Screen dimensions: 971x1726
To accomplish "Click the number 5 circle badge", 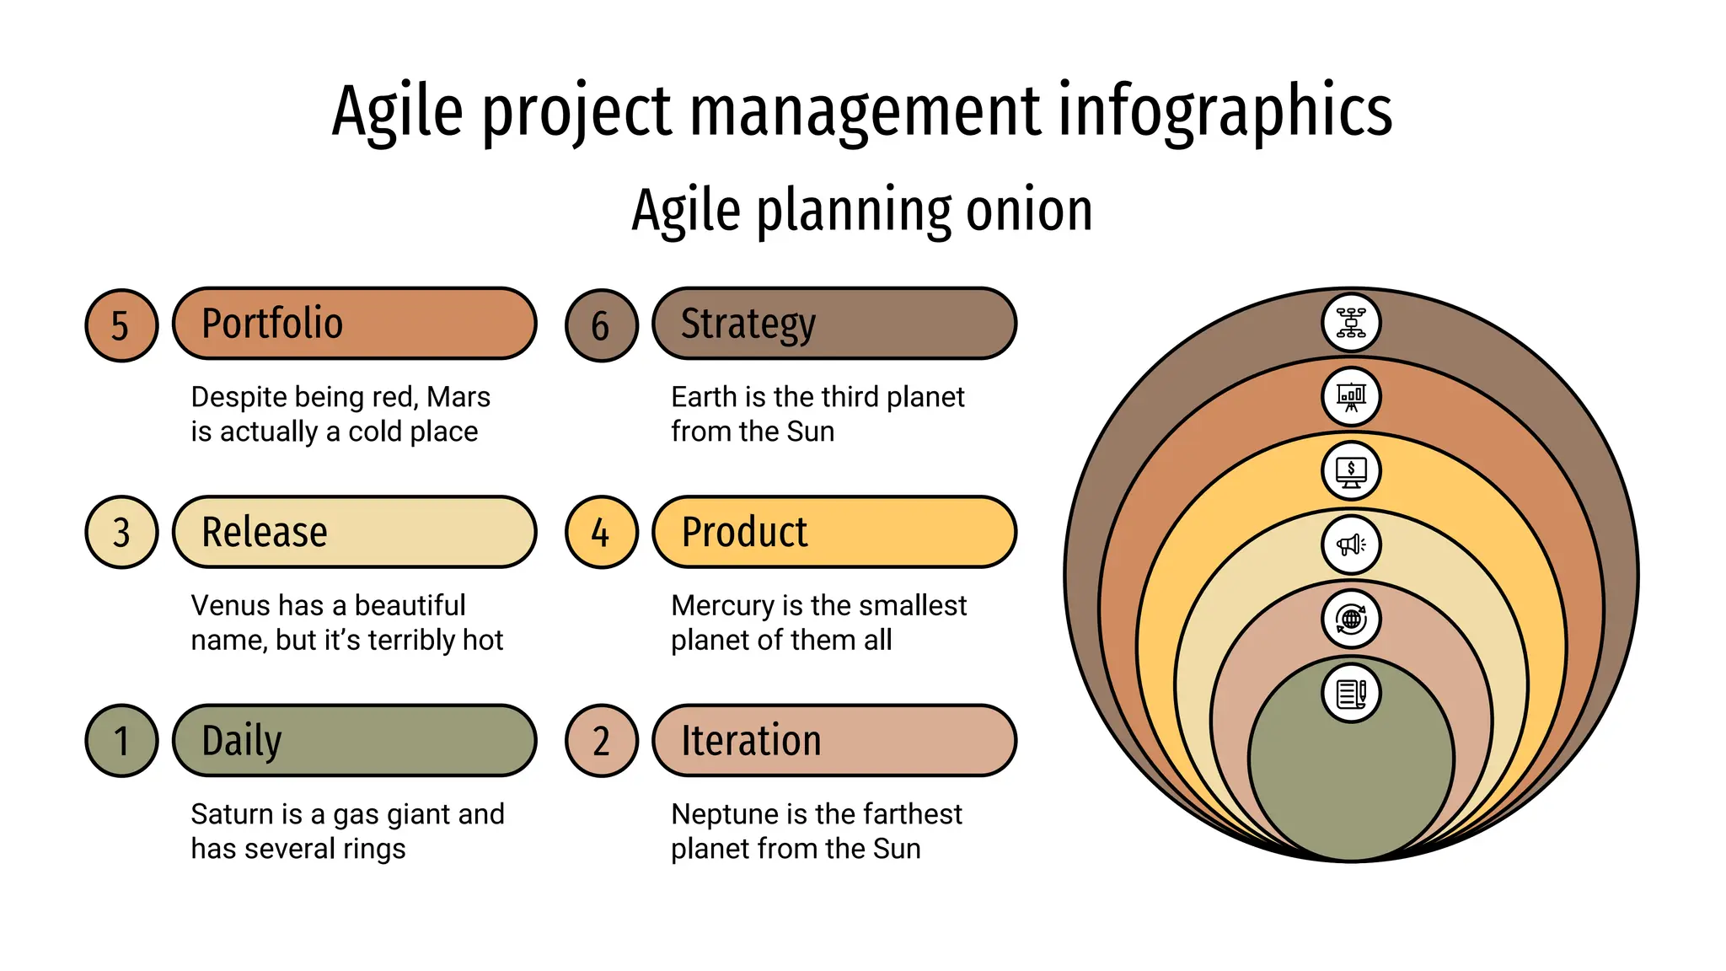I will (x=121, y=325).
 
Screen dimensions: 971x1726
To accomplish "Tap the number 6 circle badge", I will (x=601, y=325).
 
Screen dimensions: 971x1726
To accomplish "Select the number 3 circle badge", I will (x=121, y=532).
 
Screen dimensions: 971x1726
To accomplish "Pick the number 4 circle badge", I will (x=601, y=532).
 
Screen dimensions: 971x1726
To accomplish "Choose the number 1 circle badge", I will (x=121, y=741).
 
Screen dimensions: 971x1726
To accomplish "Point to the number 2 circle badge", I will (x=601, y=741).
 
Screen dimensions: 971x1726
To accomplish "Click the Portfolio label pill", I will (x=354, y=324).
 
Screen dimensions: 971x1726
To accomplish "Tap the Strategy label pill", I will (x=834, y=324).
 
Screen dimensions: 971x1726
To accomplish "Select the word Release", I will (x=265, y=532).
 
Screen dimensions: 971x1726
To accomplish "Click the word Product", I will (x=744, y=532).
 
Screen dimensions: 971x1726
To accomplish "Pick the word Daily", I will (x=241, y=741).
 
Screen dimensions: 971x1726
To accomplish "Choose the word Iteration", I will (x=751, y=741).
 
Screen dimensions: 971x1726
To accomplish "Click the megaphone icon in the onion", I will (x=1351, y=545).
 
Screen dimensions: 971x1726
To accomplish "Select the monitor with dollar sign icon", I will (x=1351, y=471).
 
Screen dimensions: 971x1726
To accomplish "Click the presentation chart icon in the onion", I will (x=1351, y=396).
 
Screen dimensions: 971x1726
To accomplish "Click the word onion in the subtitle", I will (x=1029, y=210).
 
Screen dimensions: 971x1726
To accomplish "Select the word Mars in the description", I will (x=458, y=397).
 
